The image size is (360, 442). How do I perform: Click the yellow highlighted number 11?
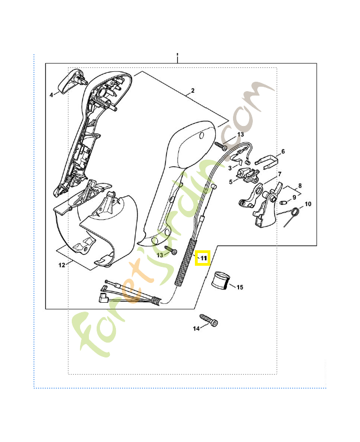[x=203, y=258]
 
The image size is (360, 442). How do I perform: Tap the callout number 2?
[x=193, y=91]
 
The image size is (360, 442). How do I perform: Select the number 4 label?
[x=51, y=95]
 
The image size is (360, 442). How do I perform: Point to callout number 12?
[x=62, y=265]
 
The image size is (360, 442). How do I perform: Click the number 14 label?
[x=195, y=329]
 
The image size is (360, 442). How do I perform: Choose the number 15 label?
[x=240, y=287]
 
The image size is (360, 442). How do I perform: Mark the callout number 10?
[x=308, y=204]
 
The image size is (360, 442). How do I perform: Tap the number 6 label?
[x=283, y=151]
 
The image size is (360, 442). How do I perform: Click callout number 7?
[x=280, y=174]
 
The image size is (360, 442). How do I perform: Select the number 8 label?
[x=300, y=186]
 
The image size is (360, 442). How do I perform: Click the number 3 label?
[x=230, y=167]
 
